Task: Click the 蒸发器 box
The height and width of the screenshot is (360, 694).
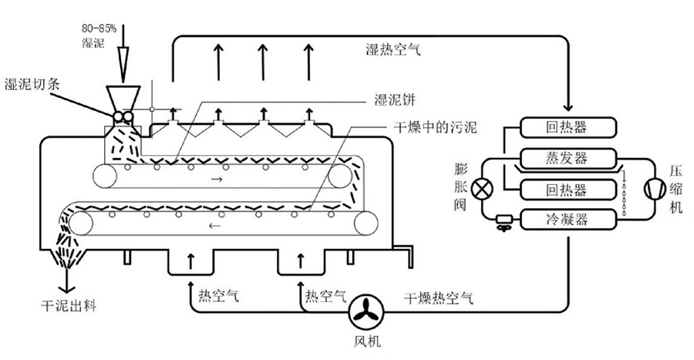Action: tap(566, 159)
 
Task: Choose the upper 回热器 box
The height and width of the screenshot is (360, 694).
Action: tap(566, 127)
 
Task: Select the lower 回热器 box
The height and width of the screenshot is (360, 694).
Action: tap(566, 190)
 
